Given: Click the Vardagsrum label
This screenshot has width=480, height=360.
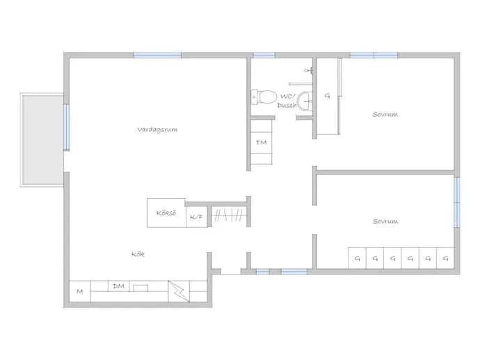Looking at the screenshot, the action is click(157, 130).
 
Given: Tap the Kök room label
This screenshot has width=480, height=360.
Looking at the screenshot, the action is click(138, 254).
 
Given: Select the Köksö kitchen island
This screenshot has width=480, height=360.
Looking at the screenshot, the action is click(166, 213).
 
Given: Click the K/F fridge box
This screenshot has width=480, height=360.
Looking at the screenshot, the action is click(197, 217).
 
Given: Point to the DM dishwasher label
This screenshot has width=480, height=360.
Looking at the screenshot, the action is click(118, 286).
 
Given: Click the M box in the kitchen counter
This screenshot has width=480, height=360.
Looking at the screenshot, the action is click(80, 291).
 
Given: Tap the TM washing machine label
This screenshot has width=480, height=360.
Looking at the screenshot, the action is click(261, 142).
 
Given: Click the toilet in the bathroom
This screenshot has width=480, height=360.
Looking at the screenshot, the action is click(264, 97).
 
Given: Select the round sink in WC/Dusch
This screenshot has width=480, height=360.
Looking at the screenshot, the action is click(305, 101).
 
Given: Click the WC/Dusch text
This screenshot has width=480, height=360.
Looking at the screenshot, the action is click(287, 101).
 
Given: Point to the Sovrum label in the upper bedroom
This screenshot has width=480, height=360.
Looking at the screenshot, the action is click(385, 115).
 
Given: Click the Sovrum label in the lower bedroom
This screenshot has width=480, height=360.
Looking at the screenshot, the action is click(385, 221).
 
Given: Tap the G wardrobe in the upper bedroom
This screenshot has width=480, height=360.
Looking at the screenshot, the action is click(328, 96).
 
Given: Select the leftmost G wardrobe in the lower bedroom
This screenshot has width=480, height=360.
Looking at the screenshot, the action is click(357, 259).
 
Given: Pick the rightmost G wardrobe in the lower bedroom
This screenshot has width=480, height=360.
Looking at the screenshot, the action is click(445, 259).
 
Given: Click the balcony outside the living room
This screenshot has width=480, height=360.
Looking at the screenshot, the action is click(43, 140).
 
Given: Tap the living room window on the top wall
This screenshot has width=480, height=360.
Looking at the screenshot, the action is click(157, 55).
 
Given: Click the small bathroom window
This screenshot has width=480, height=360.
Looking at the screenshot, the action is click(264, 55).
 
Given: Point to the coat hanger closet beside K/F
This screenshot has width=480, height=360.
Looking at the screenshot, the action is click(229, 215).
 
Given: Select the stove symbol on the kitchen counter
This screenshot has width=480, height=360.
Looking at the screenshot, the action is click(179, 291).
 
